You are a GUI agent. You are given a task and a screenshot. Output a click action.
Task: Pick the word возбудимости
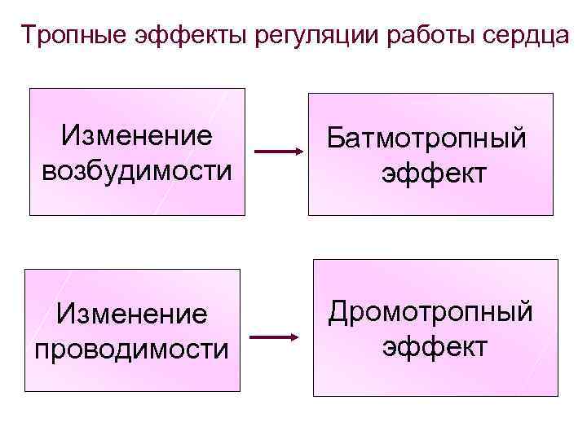[135, 172]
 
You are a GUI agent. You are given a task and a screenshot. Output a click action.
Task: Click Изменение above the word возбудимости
[136, 134]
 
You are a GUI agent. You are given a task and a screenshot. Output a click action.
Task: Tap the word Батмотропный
[427, 139]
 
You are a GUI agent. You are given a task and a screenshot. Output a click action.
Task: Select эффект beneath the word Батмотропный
[433, 174]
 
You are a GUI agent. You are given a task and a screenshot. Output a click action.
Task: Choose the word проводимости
[131, 349]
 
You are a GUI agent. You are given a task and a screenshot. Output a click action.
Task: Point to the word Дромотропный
[430, 311]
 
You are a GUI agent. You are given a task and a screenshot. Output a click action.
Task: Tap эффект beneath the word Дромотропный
[435, 346]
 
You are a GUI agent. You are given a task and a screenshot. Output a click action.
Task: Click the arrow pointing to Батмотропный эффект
[278, 152]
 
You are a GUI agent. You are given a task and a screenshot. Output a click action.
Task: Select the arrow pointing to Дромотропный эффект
[273, 337]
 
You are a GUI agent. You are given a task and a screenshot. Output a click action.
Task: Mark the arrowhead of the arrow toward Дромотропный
[294, 337]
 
